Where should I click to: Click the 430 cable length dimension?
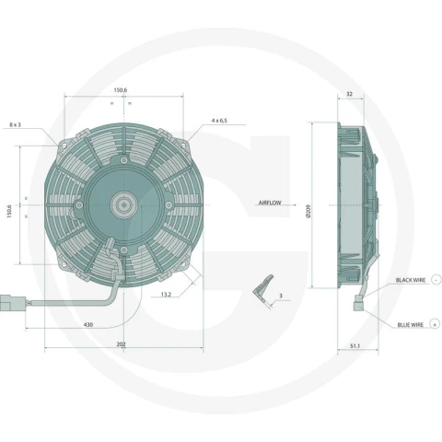pyautogui.click(x=88, y=324)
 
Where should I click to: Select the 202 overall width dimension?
pyautogui.click(x=121, y=344)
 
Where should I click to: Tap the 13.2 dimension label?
pyautogui.click(x=166, y=295)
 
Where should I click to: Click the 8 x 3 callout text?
pyautogui.click(x=15, y=124)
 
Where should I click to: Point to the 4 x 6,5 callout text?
pyautogui.click(x=219, y=121)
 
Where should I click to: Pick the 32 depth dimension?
pyautogui.click(x=349, y=94)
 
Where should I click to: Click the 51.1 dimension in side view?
pyautogui.click(x=355, y=346)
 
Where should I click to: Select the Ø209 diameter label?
pyautogui.click(x=308, y=211)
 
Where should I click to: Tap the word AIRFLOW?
pyautogui.click(x=270, y=203)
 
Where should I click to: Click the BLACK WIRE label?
pyautogui.click(x=411, y=280)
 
